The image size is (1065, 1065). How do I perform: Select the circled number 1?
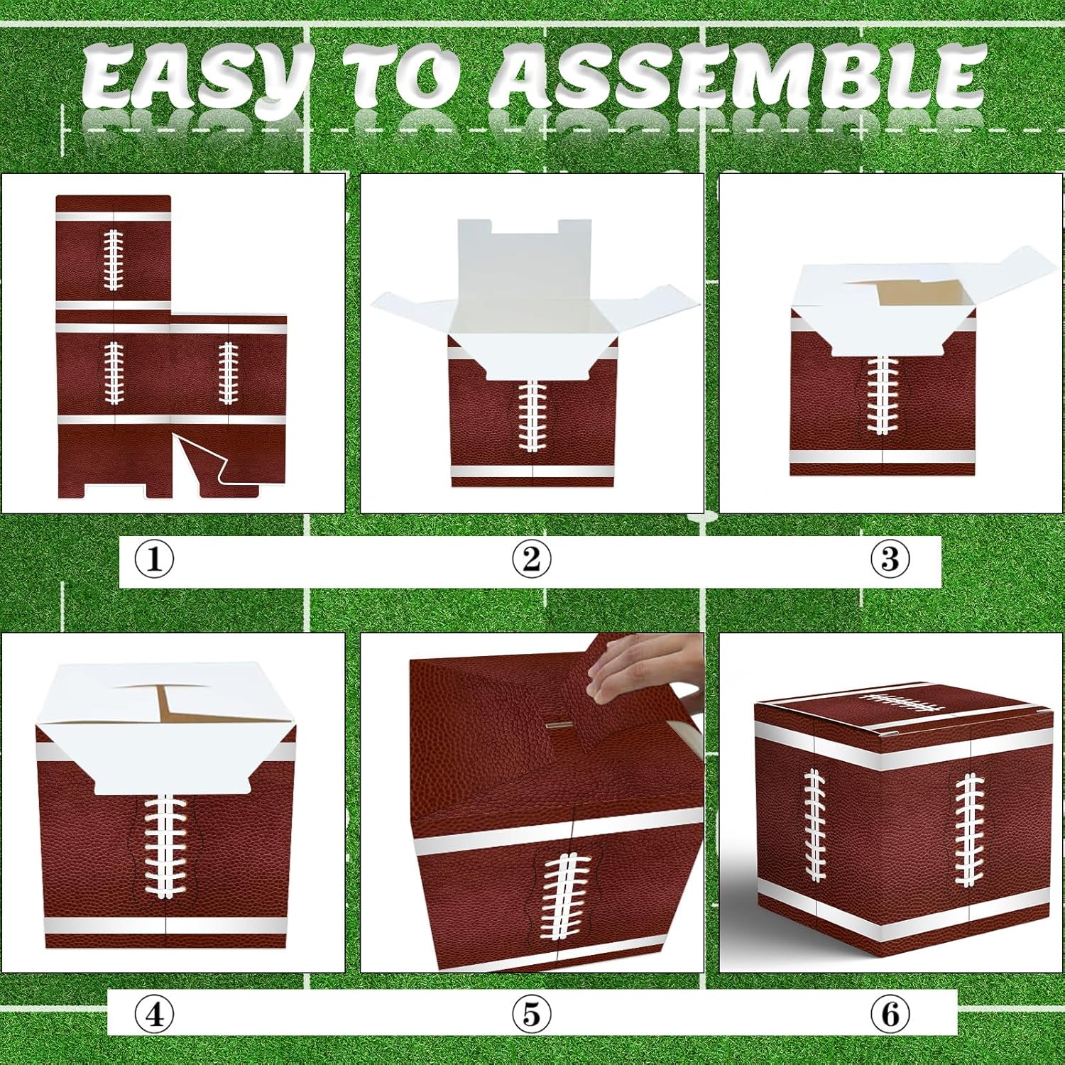coord(154,560)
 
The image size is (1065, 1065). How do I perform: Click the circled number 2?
coord(531,560)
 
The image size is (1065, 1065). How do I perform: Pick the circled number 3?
coord(890,560)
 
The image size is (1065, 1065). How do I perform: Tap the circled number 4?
coord(154,1015)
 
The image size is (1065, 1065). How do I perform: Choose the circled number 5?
coord(531,1015)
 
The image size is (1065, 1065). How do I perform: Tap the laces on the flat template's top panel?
coord(114,260)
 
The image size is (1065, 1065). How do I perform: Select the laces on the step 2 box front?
coord(531,415)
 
